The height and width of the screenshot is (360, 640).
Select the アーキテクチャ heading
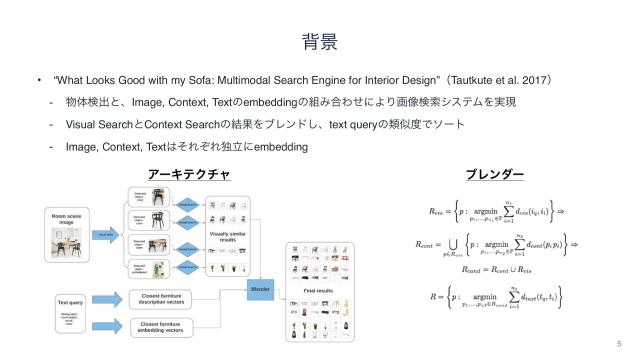(189, 174)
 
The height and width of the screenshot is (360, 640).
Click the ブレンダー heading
(495, 174)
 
